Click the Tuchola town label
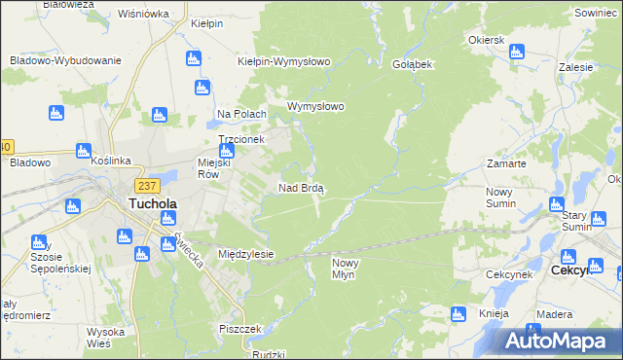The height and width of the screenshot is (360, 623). [x=151, y=204]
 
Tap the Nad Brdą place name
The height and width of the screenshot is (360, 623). [x=301, y=187]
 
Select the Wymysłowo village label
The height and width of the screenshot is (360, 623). [x=316, y=106]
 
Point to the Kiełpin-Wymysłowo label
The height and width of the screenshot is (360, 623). [x=284, y=60]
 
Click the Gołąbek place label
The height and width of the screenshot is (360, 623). [x=413, y=63]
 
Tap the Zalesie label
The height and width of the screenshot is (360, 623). [x=576, y=70]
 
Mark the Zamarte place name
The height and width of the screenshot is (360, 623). [x=506, y=164]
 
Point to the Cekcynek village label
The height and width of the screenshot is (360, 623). [x=507, y=275]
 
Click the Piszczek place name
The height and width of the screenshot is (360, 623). [x=240, y=329]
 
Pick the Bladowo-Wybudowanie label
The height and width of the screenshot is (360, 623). [x=65, y=60]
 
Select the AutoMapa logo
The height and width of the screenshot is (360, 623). [x=560, y=342]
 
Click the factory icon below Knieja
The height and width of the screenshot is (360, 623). [x=531, y=331]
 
